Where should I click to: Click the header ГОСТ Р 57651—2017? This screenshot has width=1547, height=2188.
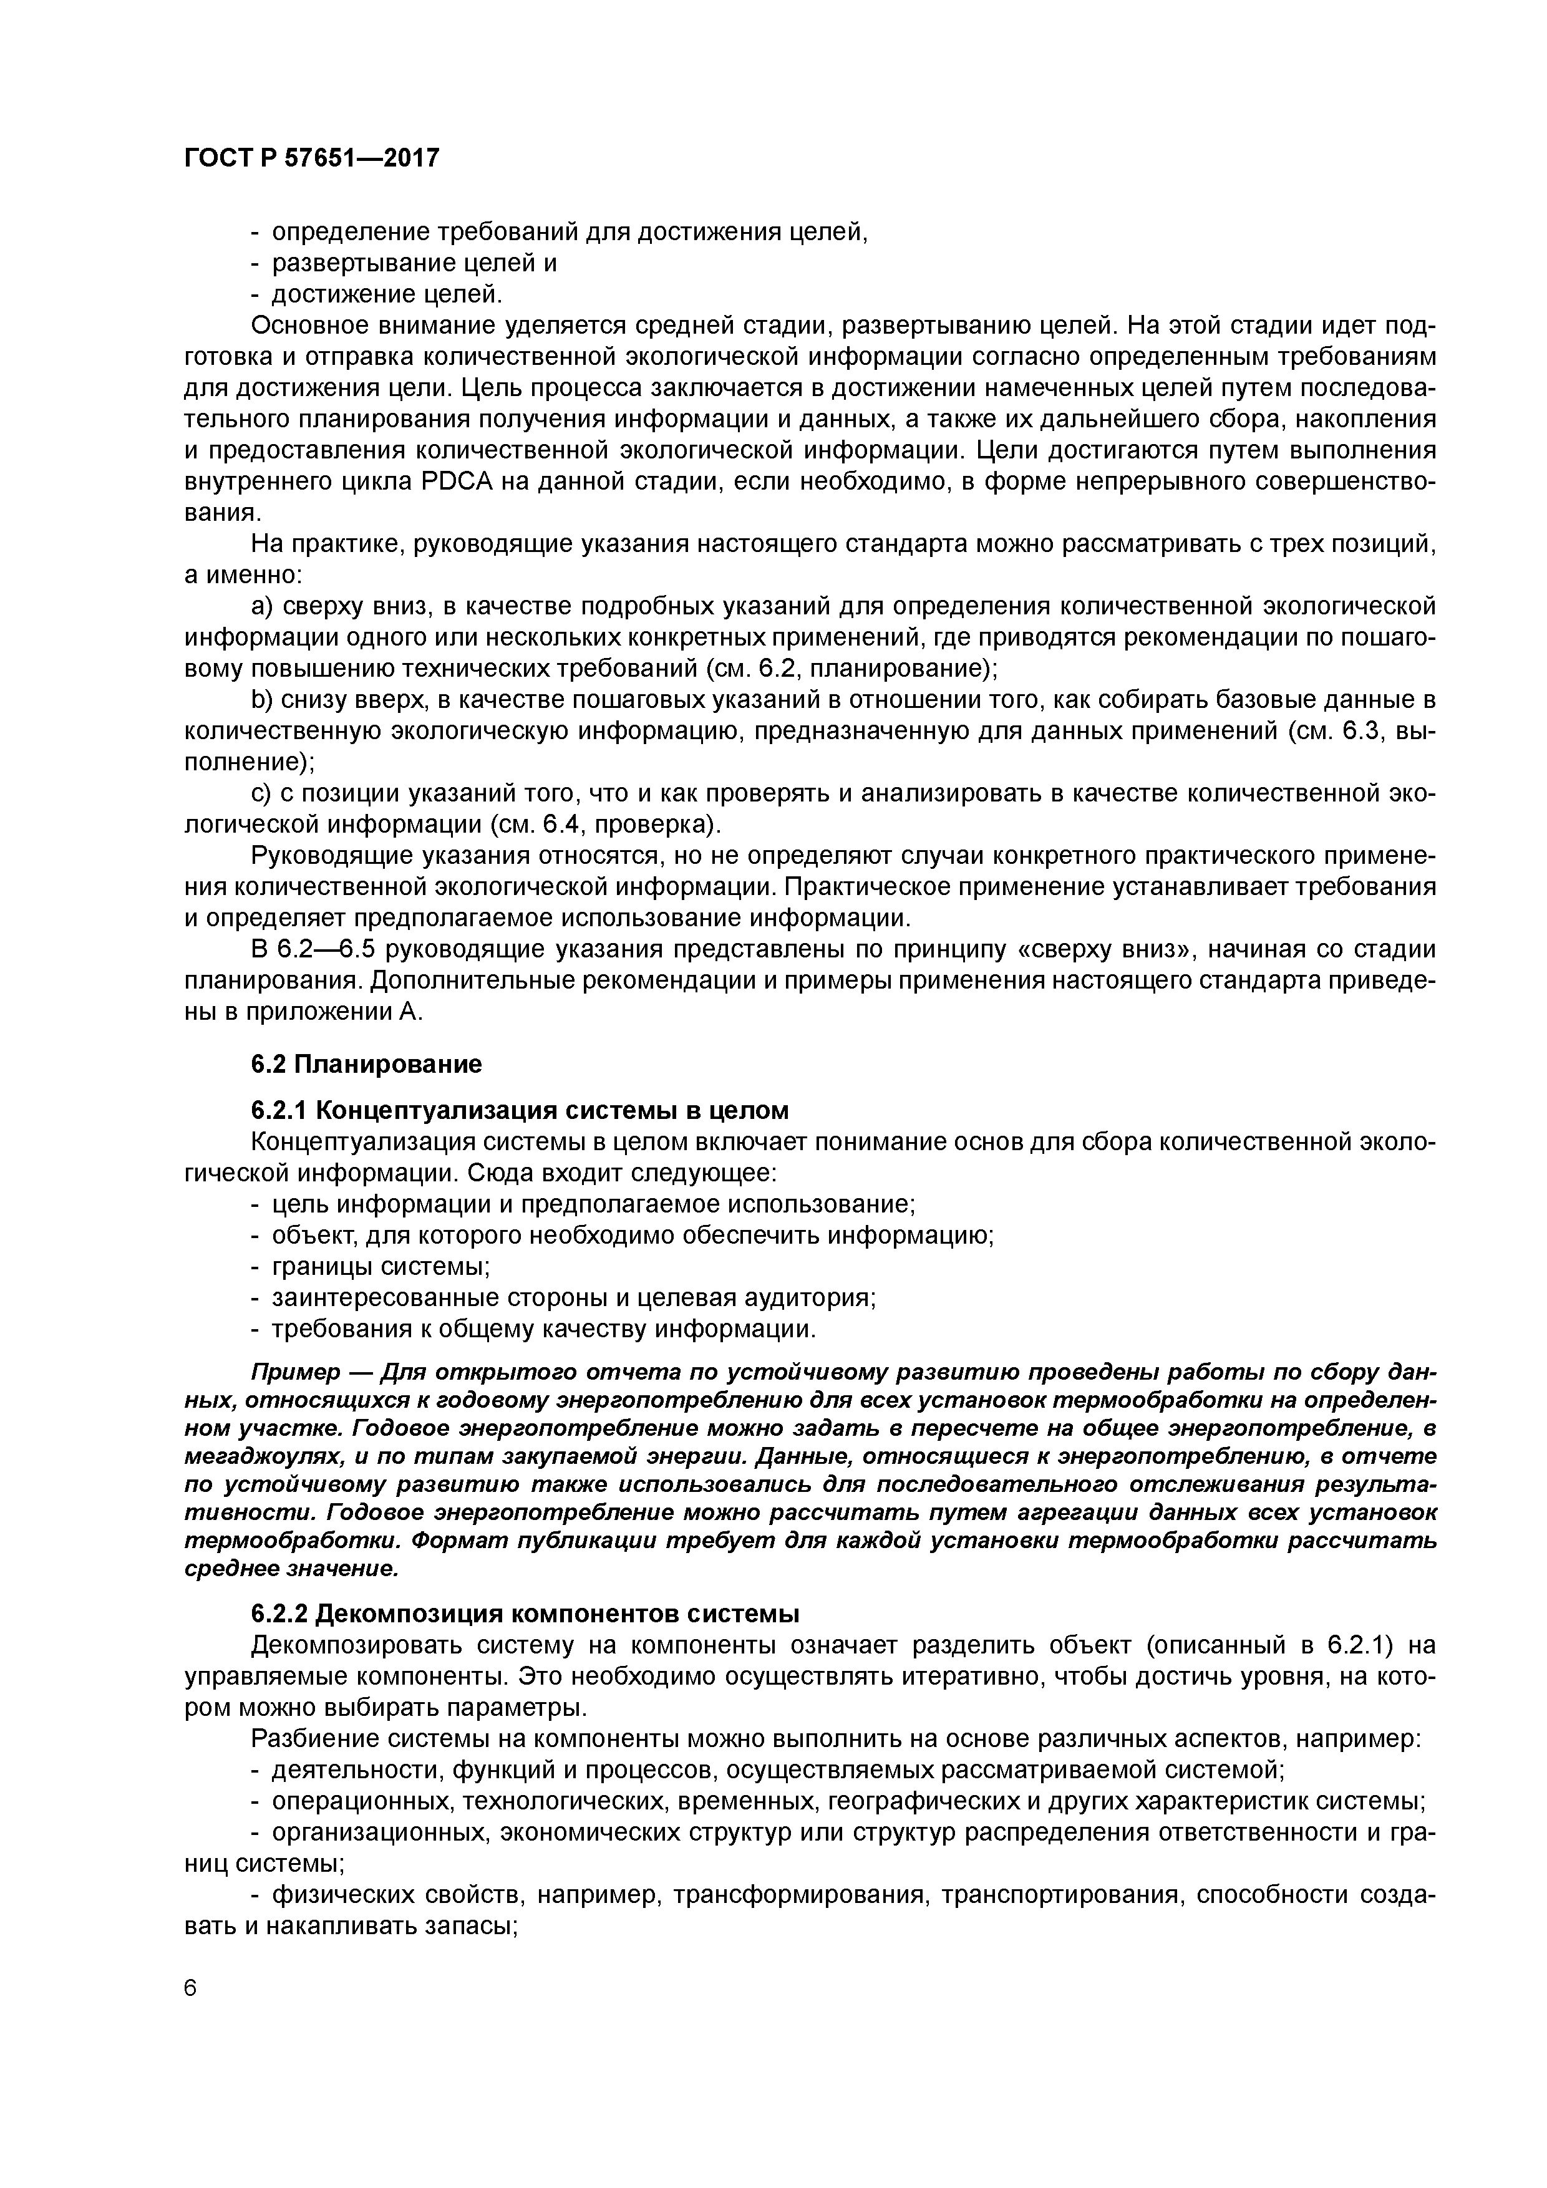(312, 157)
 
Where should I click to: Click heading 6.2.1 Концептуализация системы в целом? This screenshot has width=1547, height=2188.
(520, 1110)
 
